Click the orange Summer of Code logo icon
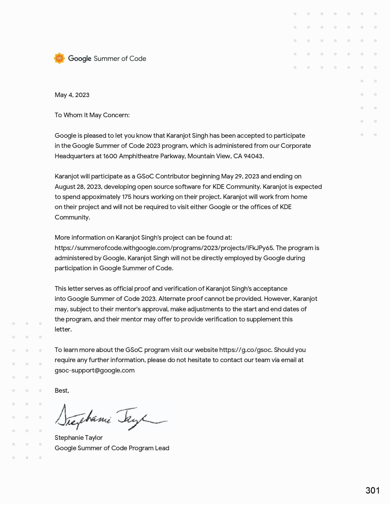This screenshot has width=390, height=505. coord(59,58)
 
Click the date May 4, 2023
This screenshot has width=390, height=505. coord(72,95)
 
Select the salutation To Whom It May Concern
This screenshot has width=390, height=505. coord(92,115)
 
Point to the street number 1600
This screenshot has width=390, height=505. coord(110,156)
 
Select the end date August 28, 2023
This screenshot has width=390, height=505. coord(78,187)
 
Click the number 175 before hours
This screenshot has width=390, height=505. coord(127,197)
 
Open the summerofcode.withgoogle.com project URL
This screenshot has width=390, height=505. coord(164,248)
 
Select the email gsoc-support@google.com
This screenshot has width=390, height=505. coord(95,370)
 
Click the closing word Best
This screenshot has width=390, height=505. coord(61,391)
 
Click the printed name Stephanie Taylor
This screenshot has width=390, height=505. coord(79,438)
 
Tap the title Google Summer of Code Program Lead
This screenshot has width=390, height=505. coord(112,448)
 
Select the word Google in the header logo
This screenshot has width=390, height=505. coord(80,58)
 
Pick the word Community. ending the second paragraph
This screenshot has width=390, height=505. coord(72,217)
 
